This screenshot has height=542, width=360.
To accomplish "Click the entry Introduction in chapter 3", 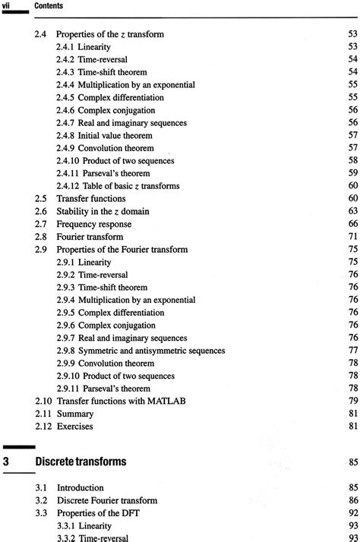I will [80, 487].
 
